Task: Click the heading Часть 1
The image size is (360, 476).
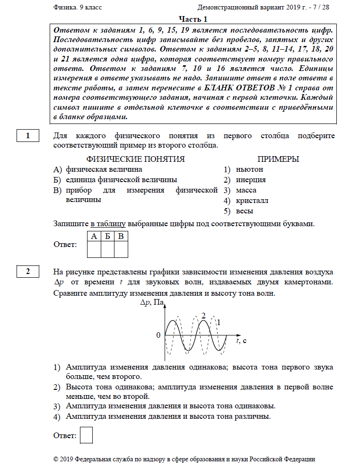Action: point(193,19)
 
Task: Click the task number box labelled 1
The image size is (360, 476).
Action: point(28,136)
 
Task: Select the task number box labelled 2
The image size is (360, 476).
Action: point(28,272)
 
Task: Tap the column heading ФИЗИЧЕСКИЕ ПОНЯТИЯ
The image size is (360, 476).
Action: point(136,159)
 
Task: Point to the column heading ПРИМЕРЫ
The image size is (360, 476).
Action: point(278,159)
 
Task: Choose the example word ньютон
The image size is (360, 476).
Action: point(251,169)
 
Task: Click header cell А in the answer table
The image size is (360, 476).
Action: point(95,236)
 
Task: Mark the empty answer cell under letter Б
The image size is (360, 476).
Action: point(108,249)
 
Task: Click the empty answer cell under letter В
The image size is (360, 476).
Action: point(121,249)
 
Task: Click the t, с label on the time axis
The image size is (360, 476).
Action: point(242,341)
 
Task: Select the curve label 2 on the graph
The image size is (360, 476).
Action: point(203,315)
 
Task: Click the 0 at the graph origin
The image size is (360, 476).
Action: point(158,335)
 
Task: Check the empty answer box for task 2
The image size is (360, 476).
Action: point(86,435)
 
